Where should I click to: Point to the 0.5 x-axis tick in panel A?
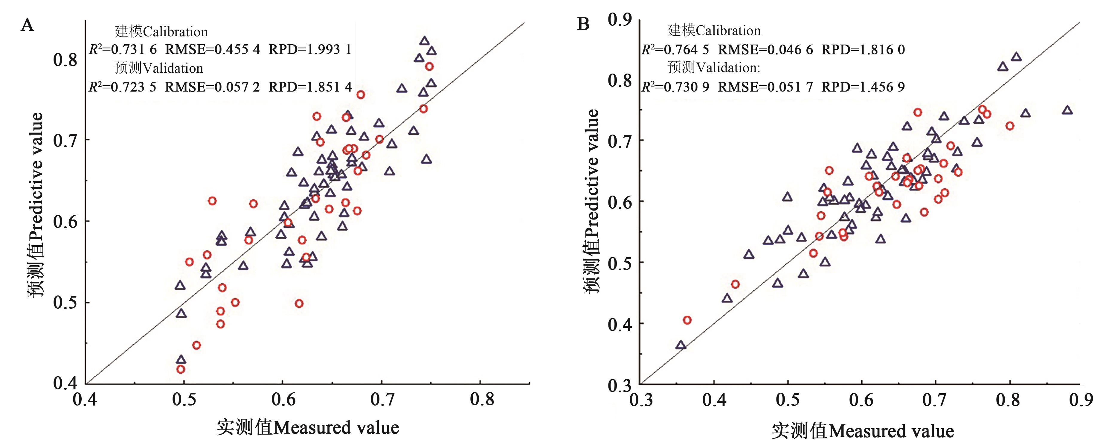point(184,399)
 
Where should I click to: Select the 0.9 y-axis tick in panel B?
point(620,19)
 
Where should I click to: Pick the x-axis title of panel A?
point(308,427)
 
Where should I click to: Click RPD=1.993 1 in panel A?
point(310,50)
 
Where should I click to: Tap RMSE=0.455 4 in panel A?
point(213,50)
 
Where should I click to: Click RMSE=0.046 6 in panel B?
point(765,50)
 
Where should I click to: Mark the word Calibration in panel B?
point(728,31)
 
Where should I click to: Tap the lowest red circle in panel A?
point(181,369)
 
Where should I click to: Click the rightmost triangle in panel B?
point(1067,110)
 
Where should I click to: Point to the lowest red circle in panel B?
point(687,320)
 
